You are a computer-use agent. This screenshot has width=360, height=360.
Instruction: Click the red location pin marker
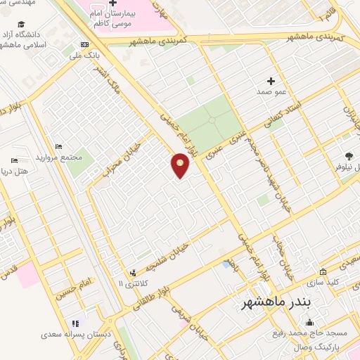[181, 165]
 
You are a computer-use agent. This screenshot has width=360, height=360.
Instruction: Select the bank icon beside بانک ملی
[85, 44]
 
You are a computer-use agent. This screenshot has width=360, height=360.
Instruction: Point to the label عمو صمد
[271, 91]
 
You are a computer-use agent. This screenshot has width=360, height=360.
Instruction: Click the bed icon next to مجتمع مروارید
[58, 146]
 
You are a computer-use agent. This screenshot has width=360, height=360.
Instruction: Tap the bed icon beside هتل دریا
[15, 161]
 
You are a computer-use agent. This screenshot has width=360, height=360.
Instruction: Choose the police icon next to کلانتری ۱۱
[133, 273]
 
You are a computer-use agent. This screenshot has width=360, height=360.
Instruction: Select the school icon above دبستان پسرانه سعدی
[75, 323]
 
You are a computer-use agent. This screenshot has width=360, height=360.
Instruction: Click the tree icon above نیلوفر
[349, 156]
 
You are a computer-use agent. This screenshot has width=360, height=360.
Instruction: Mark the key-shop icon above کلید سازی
[323, 271]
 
